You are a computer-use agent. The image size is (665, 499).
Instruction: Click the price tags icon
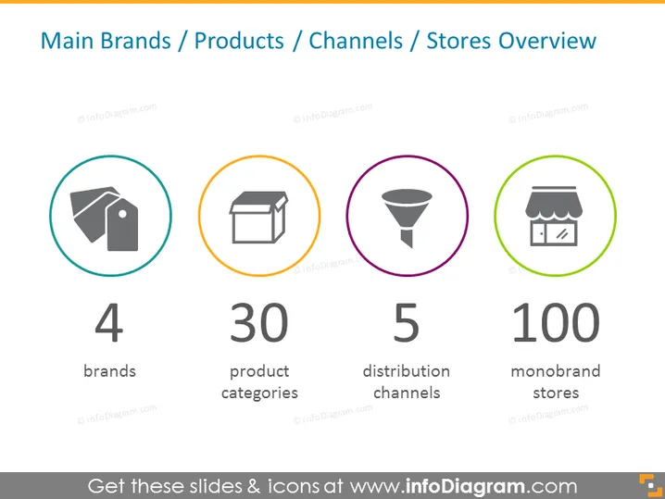point(105,218)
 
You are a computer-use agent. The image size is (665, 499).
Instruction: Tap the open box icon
point(258,218)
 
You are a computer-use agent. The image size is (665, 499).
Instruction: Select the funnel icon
point(407,218)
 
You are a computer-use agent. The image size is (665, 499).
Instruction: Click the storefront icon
point(554,216)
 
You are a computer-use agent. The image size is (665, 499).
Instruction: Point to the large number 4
point(109,322)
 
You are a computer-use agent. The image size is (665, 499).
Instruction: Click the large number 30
point(259,322)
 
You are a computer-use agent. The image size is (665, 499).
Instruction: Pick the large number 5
point(407,322)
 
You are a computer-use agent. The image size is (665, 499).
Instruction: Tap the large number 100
point(556,322)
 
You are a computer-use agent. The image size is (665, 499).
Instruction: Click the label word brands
point(110,371)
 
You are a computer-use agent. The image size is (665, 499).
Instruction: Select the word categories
point(259,393)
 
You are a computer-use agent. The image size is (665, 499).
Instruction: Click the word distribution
point(407,371)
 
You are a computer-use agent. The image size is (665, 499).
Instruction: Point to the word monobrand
point(556,371)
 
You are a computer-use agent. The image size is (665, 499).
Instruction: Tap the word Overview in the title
point(547,41)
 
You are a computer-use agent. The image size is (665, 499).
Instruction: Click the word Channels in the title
point(356,41)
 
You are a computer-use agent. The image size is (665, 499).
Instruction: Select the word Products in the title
point(239,41)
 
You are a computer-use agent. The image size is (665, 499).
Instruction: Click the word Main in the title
point(67,41)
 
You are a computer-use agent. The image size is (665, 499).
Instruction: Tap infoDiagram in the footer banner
point(465,486)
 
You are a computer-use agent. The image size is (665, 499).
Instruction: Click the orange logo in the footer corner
point(650,485)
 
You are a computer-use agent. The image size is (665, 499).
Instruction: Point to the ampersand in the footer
point(254,486)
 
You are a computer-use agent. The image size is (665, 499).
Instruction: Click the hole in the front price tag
point(122,214)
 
